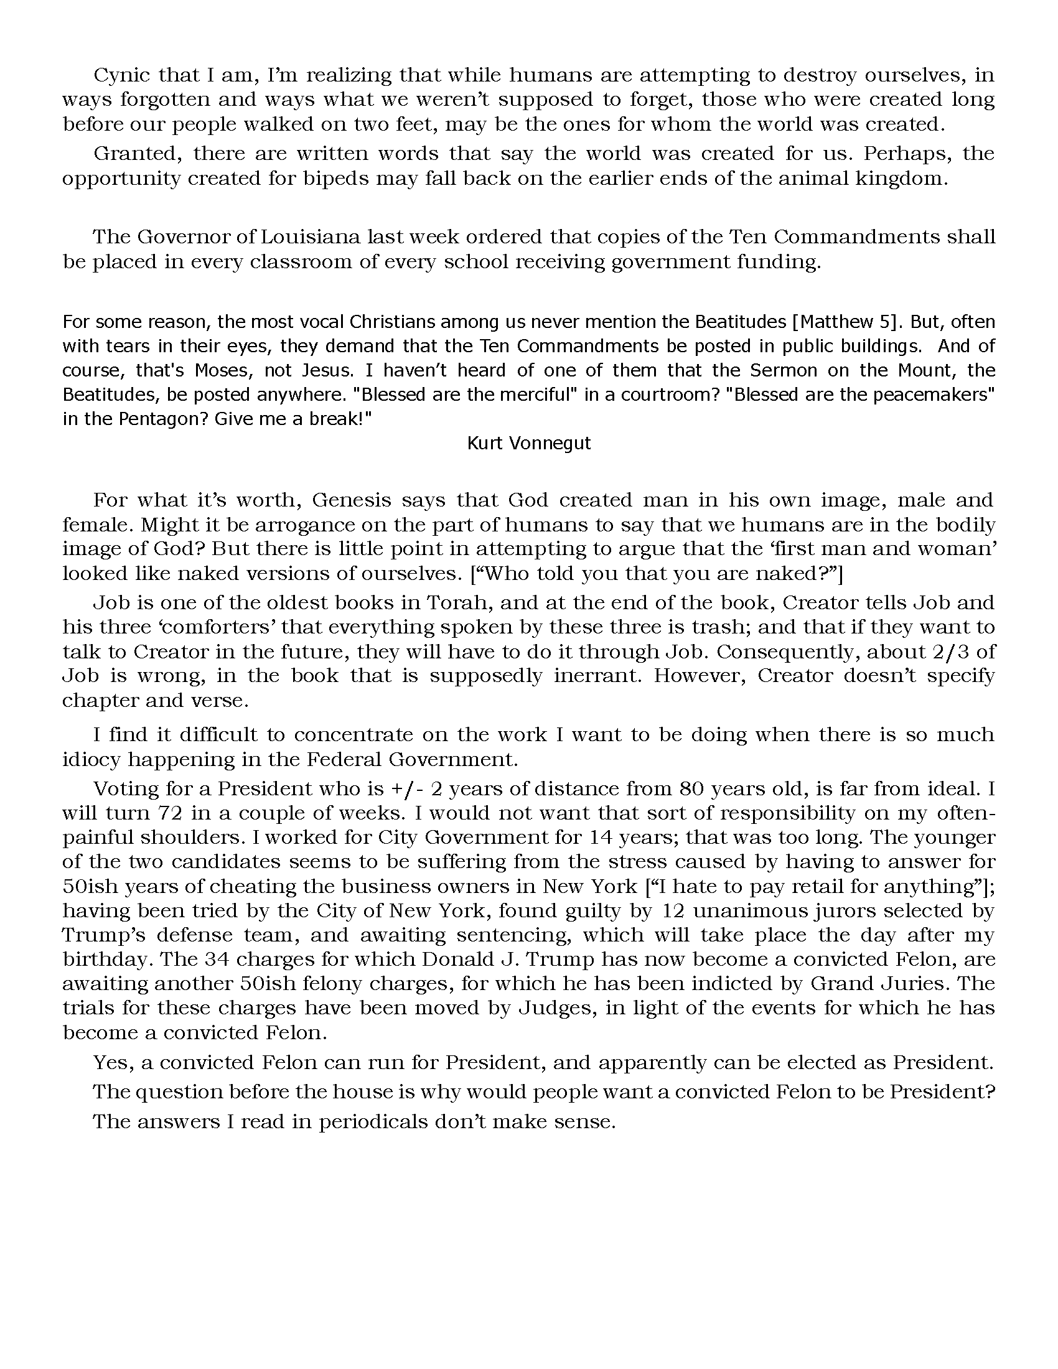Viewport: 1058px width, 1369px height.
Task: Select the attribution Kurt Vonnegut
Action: pos(529,443)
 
